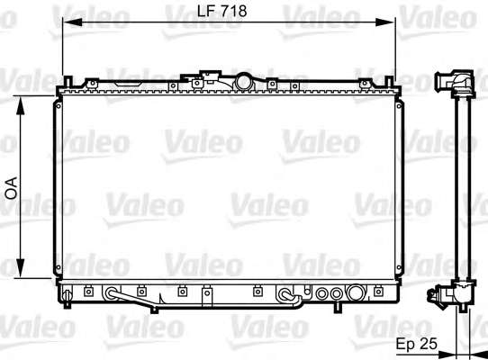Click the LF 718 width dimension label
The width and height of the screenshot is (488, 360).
[221, 11]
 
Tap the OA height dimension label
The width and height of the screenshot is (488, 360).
[12, 188]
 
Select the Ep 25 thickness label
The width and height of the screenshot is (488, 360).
[416, 344]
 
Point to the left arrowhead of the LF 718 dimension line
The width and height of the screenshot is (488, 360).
[72, 22]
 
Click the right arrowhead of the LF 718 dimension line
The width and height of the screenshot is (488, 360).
[385, 22]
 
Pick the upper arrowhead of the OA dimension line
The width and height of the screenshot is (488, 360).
[20, 106]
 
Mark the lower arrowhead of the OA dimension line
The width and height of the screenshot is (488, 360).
[20, 268]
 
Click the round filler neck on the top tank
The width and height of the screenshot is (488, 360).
[244, 82]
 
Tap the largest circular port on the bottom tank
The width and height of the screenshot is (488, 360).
[356, 292]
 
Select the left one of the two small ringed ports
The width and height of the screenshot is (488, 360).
[322, 293]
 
